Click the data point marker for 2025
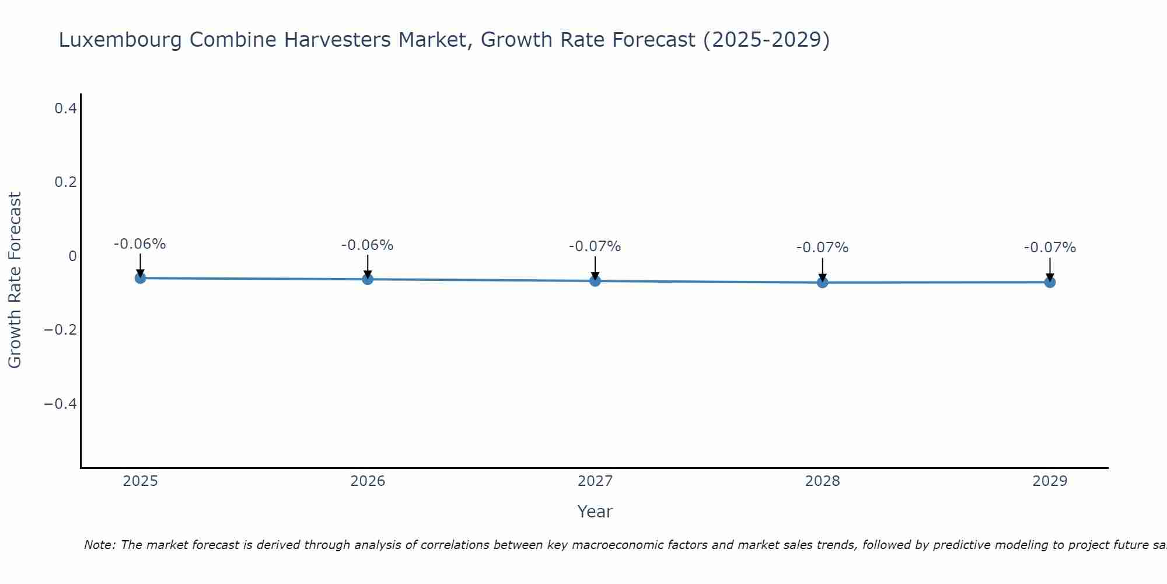pyautogui.click(x=140, y=278)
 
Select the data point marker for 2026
pyautogui.click(x=368, y=279)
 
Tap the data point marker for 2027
pyautogui.click(x=595, y=281)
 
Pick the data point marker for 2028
pyautogui.click(x=823, y=283)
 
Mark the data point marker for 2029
pyautogui.click(x=1050, y=282)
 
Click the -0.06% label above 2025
pyautogui.click(x=139, y=244)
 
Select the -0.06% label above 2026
pyautogui.click(x=367, y=245)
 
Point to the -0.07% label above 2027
pyautogui.click(x=595, y=246)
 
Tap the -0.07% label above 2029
pyautogui.click(x=1050, y=248)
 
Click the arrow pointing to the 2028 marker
pyautogui.click(x=823, y=269)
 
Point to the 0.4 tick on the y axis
pyautogui.click(x=65, y=109)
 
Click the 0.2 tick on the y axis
pyautogui.click(x=65, y=182)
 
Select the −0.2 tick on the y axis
pyautogui.click(x=60, y=330)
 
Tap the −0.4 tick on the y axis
pyautogui.click(x=60, y=404)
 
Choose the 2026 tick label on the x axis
pyautogui.click(x=368, y=481)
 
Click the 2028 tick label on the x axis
pyautogui.click(x=823, y=481)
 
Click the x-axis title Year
pyautogui.click(x=595, y=512)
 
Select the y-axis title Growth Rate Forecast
pyautogui.click(x=15, y=280)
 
